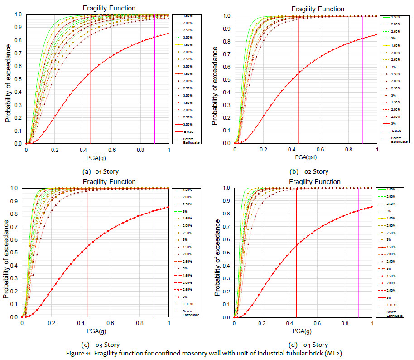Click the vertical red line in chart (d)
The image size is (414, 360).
[296, 254]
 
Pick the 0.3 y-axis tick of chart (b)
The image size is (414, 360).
[228, 105]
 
